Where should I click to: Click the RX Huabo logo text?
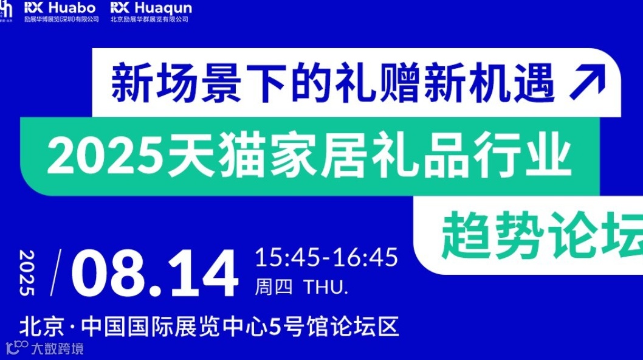tap(61, 8)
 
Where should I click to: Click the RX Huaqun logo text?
tap(151, 8)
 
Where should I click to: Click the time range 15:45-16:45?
tap(326, 257)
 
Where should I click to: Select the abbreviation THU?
tap(325, 287)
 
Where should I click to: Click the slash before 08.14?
tap(58, 272)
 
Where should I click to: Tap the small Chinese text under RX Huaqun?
tap(150, 19)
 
